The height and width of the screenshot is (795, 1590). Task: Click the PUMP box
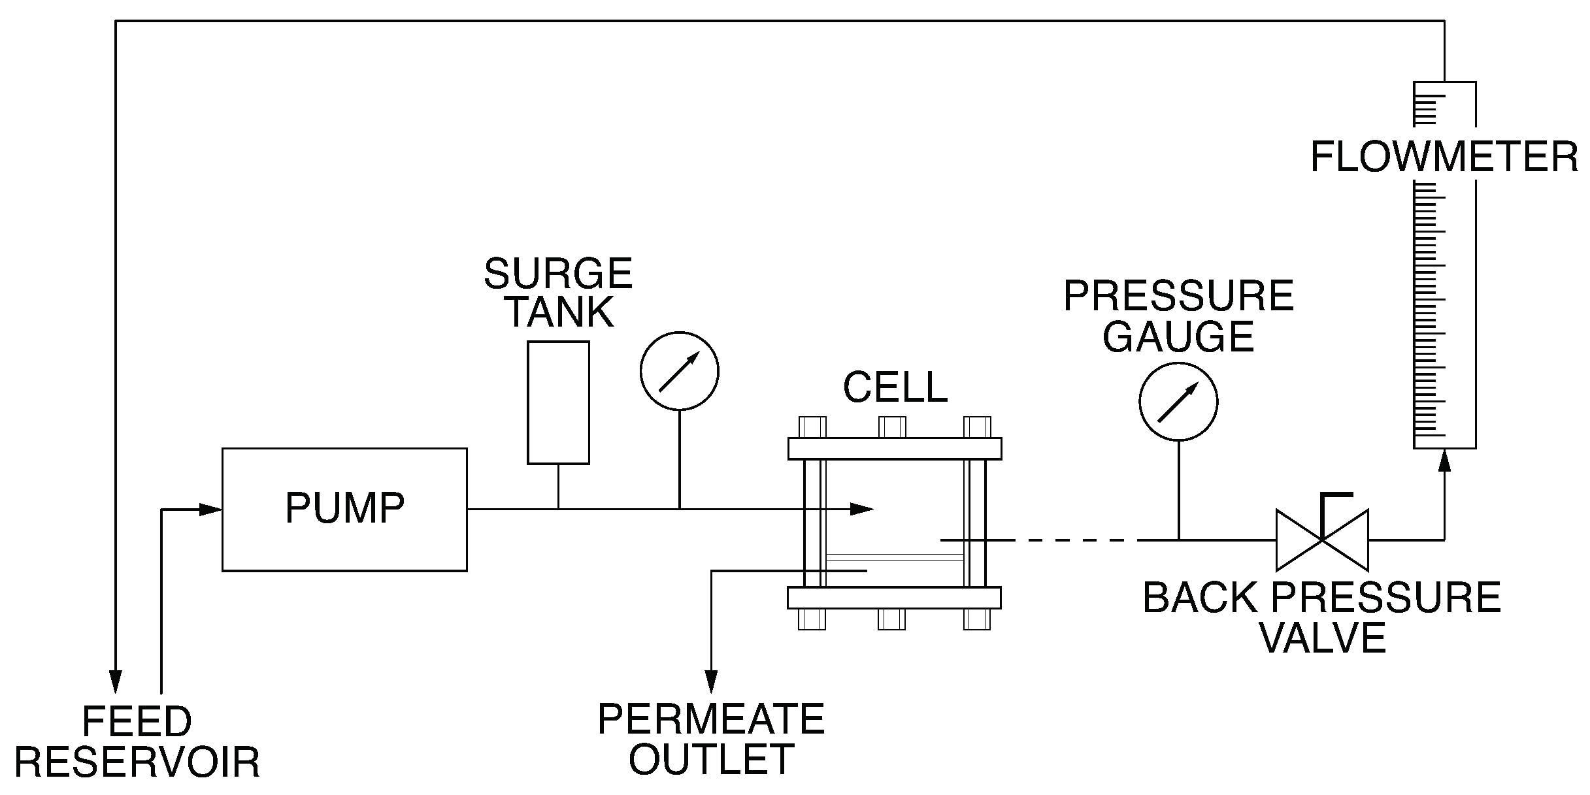[344, 510]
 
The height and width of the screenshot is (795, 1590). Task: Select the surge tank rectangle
[558, 402]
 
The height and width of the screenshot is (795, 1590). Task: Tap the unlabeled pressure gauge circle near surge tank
[679, 371]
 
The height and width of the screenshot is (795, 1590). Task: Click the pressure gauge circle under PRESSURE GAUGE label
[1178, 401]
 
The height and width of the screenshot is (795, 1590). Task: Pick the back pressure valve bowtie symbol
[1322, 540]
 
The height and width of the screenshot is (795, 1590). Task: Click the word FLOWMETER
[1444, 157]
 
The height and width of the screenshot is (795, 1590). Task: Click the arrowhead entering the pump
[210, 510]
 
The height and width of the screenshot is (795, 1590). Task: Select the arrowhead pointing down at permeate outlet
[711, 682]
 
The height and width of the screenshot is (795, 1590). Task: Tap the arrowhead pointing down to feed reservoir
[116, 682]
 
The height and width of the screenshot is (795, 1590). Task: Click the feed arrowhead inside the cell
[863, 509]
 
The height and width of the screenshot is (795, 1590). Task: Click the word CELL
[895, 387]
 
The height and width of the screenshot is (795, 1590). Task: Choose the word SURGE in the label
[558, 273]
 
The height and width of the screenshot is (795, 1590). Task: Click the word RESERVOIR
[137, 762]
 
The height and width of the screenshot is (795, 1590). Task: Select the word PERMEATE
[711, 719]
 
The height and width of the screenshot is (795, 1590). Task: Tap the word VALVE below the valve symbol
[1322, 638]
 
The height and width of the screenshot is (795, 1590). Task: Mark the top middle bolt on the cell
[892, 427]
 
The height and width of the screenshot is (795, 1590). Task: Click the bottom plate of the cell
[894, 598]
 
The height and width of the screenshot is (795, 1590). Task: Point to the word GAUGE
[1178, 336]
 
